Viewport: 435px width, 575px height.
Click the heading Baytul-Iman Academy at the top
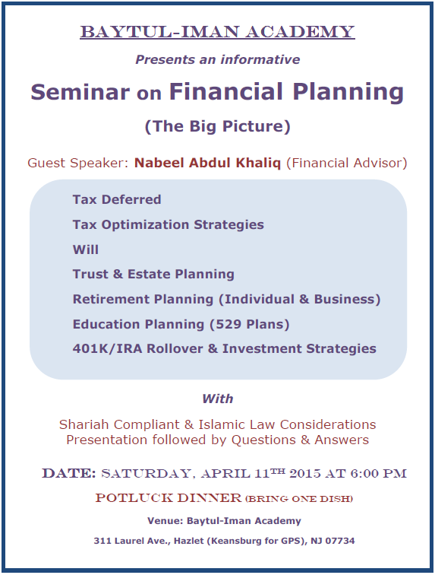tap(217, 32)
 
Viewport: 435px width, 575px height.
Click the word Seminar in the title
tap(80, 92)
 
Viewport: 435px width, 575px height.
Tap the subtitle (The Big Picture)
tap(217, 126)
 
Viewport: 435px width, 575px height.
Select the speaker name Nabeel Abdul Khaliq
tap(207, 163)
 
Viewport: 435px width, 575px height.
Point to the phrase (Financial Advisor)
tap(346, 163)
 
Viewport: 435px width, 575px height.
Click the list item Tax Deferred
tap(117, 199)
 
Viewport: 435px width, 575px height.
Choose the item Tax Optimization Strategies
tap(168, 225)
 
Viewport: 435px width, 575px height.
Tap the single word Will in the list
tap(86, 249)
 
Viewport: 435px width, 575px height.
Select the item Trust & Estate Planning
tap(153, 275)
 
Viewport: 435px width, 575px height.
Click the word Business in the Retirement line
tap(345, 299)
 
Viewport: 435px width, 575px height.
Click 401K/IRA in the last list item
tap(107, 349)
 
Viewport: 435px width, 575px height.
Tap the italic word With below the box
tap(217, 399)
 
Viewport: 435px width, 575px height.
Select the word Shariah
tap(84, 424)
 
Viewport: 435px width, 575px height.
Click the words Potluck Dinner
tap(169, 498)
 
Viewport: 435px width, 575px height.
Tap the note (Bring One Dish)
tap(299, 499)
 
